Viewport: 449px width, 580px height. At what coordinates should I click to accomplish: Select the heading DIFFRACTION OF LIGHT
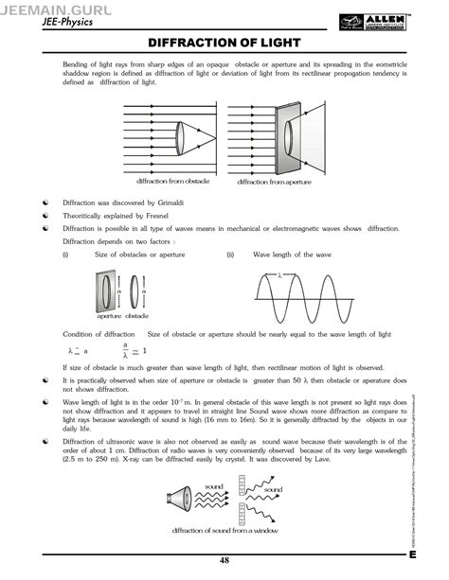(x=224, y=44)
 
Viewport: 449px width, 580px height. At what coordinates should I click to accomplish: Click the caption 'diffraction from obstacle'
(x=173, y=180)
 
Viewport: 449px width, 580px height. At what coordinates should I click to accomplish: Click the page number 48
(x=224, y=561)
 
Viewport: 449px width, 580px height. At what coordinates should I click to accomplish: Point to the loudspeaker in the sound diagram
(x=181, y=499)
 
